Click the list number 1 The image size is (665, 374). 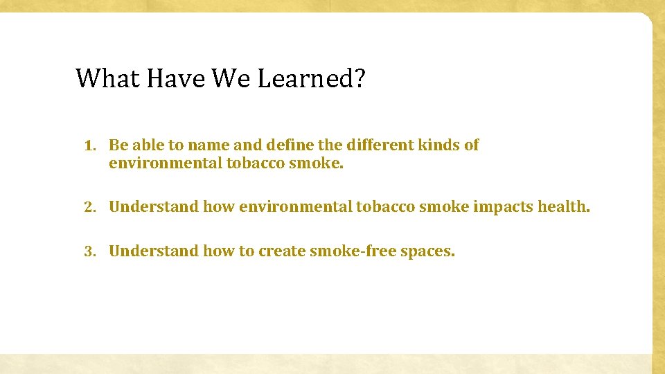click(x=89, y=146)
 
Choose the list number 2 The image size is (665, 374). click(x=89, y=207)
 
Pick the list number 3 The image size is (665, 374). click(x=89, y=251)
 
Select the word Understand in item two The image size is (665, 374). click(x=154, y=206)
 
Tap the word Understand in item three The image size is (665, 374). click(x=154, y=251)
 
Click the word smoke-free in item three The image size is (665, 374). click(x=344, y=251)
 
